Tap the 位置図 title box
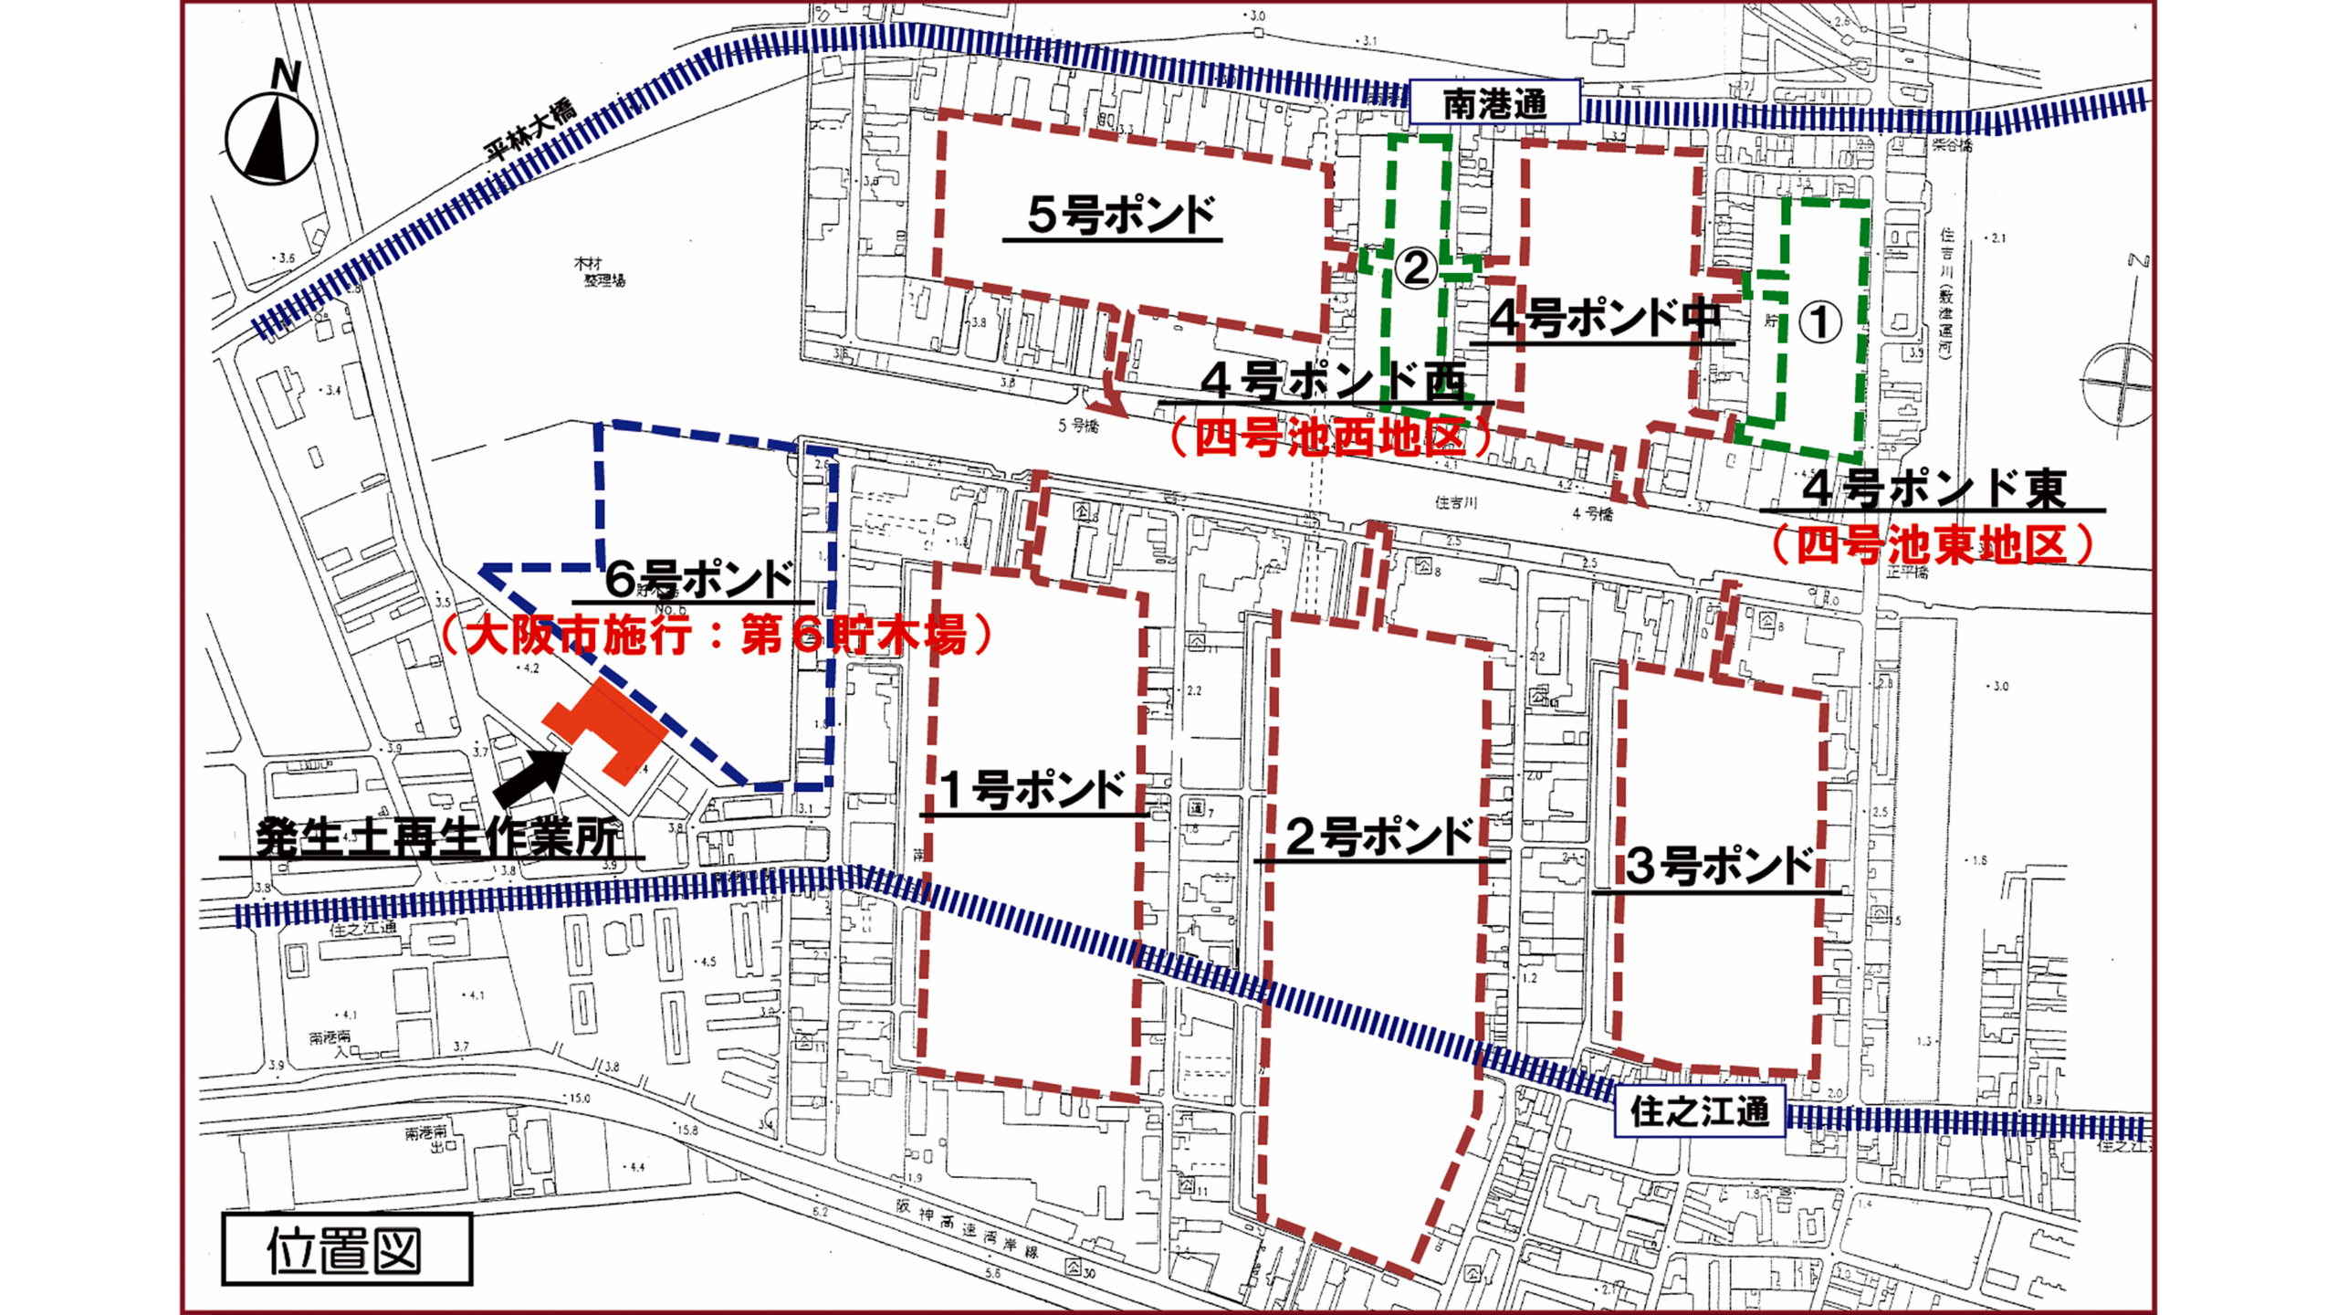click(346, 1249)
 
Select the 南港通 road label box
click(1495, 103)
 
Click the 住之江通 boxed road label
click(1700, 1111)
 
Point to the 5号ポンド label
click(1121, 216)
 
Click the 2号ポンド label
click(1379, 836)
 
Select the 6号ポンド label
click(699, 579)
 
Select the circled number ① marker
click(1819, 322)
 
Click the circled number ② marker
click(1415, 268)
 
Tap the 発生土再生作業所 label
click(436, 836)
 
